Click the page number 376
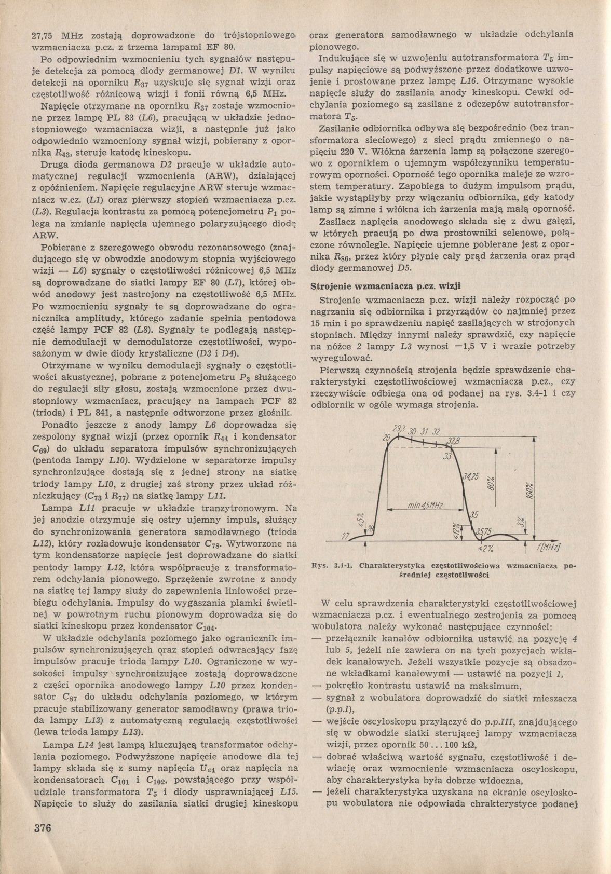42,828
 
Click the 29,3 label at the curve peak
399,429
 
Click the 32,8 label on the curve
454,442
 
